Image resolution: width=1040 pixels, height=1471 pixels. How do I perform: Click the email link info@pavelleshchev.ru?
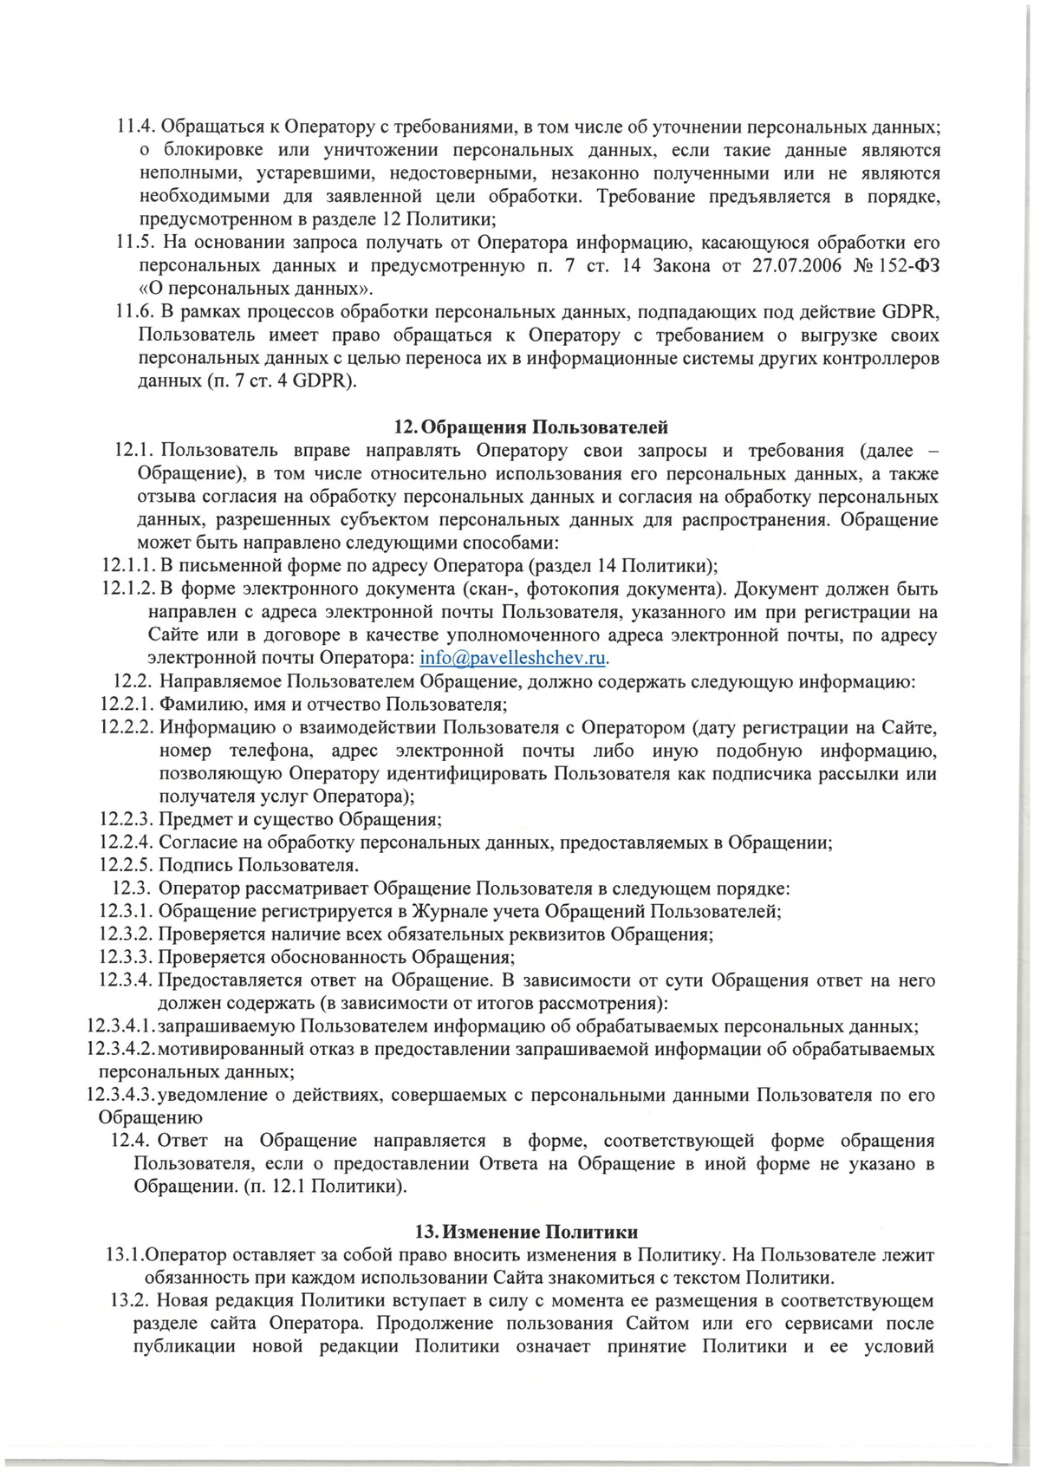pyautogui.click(x=512, y=658)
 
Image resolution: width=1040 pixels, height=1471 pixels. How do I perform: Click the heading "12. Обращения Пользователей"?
pyautogui.click(x=531, y=427)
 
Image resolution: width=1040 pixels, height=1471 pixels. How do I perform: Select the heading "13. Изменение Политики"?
pyautogui.click(x=527, y=1232)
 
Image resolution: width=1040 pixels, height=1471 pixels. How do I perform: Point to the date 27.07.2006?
pyautogui.click(x=796, y=265)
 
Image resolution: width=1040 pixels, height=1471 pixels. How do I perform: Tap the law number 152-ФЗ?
pyautogui.click(x=909, y=265)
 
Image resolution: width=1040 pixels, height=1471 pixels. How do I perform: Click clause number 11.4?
pyautogui.click(x=136, y=127)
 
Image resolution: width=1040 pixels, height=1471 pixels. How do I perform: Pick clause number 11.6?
pyautogui.click(x=136, y=312)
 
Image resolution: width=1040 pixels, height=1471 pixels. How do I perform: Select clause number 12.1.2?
pyautogui.click(x=128, y=589)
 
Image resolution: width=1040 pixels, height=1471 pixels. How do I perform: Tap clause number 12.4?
pyautogui.click(x=132, y=1141)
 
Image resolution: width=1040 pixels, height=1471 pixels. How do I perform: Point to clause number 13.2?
pyautogui.click(x=131, y=1301)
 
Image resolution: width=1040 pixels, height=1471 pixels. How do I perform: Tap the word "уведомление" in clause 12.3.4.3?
pyautogui.click(x=214, y=1096)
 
